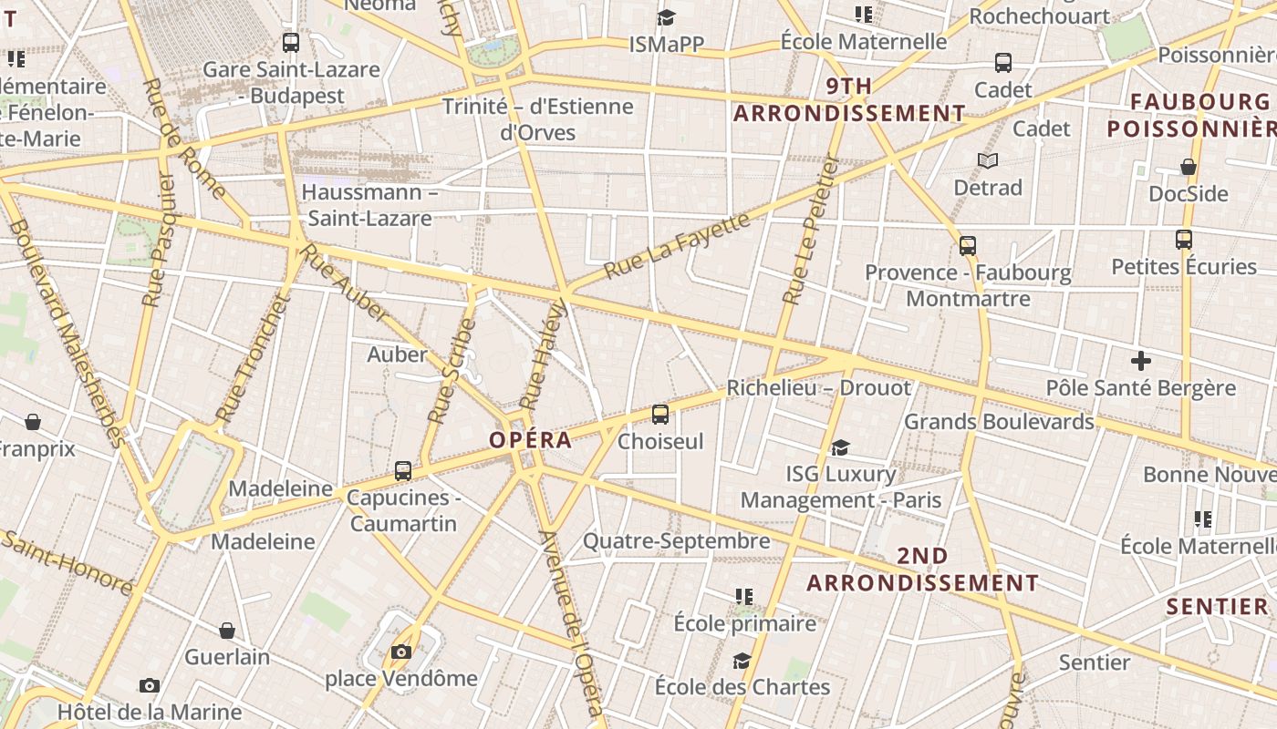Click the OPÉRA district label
(x=530, y=440)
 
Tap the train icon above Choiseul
(x=660, y=415)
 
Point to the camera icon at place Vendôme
(x=400, y=652)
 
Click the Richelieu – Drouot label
(x=818, y=387)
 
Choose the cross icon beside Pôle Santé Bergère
(x=1140, y=361)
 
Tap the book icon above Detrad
(x=987, y=160)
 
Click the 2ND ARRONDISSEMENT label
(x=922, y=570)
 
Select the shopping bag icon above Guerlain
(x=227, y=630)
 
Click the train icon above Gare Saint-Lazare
(x=291, y=42)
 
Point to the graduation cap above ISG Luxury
(x=840, y=447)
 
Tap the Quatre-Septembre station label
(x=676, y=541)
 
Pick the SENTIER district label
(x=1218, y=606)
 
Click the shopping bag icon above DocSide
(x=1188, y=167)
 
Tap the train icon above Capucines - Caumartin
(x=403, y=471)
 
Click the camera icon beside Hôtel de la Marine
(x=150, y=685)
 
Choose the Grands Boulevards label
(x=998, y=422)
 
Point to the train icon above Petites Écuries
(x=1184, y=240)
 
